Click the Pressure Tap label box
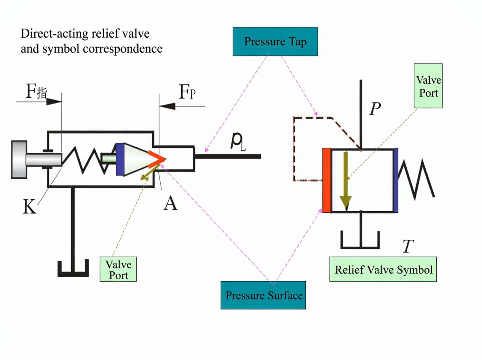point(275,41)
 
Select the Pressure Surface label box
point(263,295)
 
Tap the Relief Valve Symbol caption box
point(383,269)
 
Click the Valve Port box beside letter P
point(428,86)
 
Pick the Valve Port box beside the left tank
point(118,269)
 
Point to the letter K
point(29,206)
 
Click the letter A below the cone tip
point(171,203)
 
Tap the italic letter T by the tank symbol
point(408,246)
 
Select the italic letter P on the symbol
point(375,109)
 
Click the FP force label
point(187,92)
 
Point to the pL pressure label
point(238,142)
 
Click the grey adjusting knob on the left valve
point(19,159)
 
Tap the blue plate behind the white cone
point(120,159)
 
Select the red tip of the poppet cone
point(156,159)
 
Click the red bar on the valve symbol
point(327,180)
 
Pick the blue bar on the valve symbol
point(396,180)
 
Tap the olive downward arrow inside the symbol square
point(346,180)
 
